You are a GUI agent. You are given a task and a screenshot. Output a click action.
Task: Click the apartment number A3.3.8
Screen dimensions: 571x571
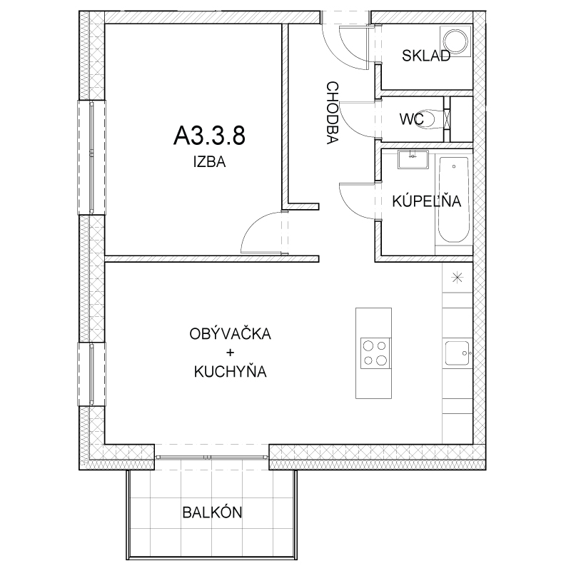coord(209,136)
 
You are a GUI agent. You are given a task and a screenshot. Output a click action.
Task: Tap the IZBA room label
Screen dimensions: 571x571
coord(209,162)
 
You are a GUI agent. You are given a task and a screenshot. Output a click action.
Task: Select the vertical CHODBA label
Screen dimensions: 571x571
coord(333,113)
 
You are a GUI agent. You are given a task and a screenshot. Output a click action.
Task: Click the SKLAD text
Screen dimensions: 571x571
coord(426,56)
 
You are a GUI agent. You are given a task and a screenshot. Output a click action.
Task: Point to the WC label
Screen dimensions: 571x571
coord(412,119)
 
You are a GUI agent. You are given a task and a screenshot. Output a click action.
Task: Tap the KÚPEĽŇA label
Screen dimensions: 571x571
coord(426,201)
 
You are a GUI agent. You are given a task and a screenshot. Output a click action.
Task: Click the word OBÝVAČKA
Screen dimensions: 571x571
coord(230,333)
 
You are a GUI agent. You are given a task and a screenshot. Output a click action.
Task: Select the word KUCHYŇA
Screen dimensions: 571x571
coord(230,372)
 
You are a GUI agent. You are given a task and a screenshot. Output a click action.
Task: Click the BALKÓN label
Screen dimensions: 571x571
coord(212,512)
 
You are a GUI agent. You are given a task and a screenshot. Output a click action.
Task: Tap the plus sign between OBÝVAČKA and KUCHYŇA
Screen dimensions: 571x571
coord(230,353)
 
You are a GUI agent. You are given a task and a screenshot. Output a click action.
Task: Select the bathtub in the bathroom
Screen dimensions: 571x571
coord(453,200)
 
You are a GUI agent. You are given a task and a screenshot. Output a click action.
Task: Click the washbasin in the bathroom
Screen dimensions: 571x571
coord(413,159)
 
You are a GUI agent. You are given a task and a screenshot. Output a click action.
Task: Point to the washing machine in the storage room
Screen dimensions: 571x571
coord(456,41)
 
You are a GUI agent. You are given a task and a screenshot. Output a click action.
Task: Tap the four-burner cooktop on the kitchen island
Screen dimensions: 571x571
coord(375,353)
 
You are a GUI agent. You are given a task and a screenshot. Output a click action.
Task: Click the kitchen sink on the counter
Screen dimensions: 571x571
coord(458,353)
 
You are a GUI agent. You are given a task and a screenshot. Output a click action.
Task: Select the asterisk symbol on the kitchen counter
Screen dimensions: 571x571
coord(457,278)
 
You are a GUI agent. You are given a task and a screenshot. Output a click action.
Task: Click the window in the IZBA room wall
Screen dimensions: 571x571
coord(92,157)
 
